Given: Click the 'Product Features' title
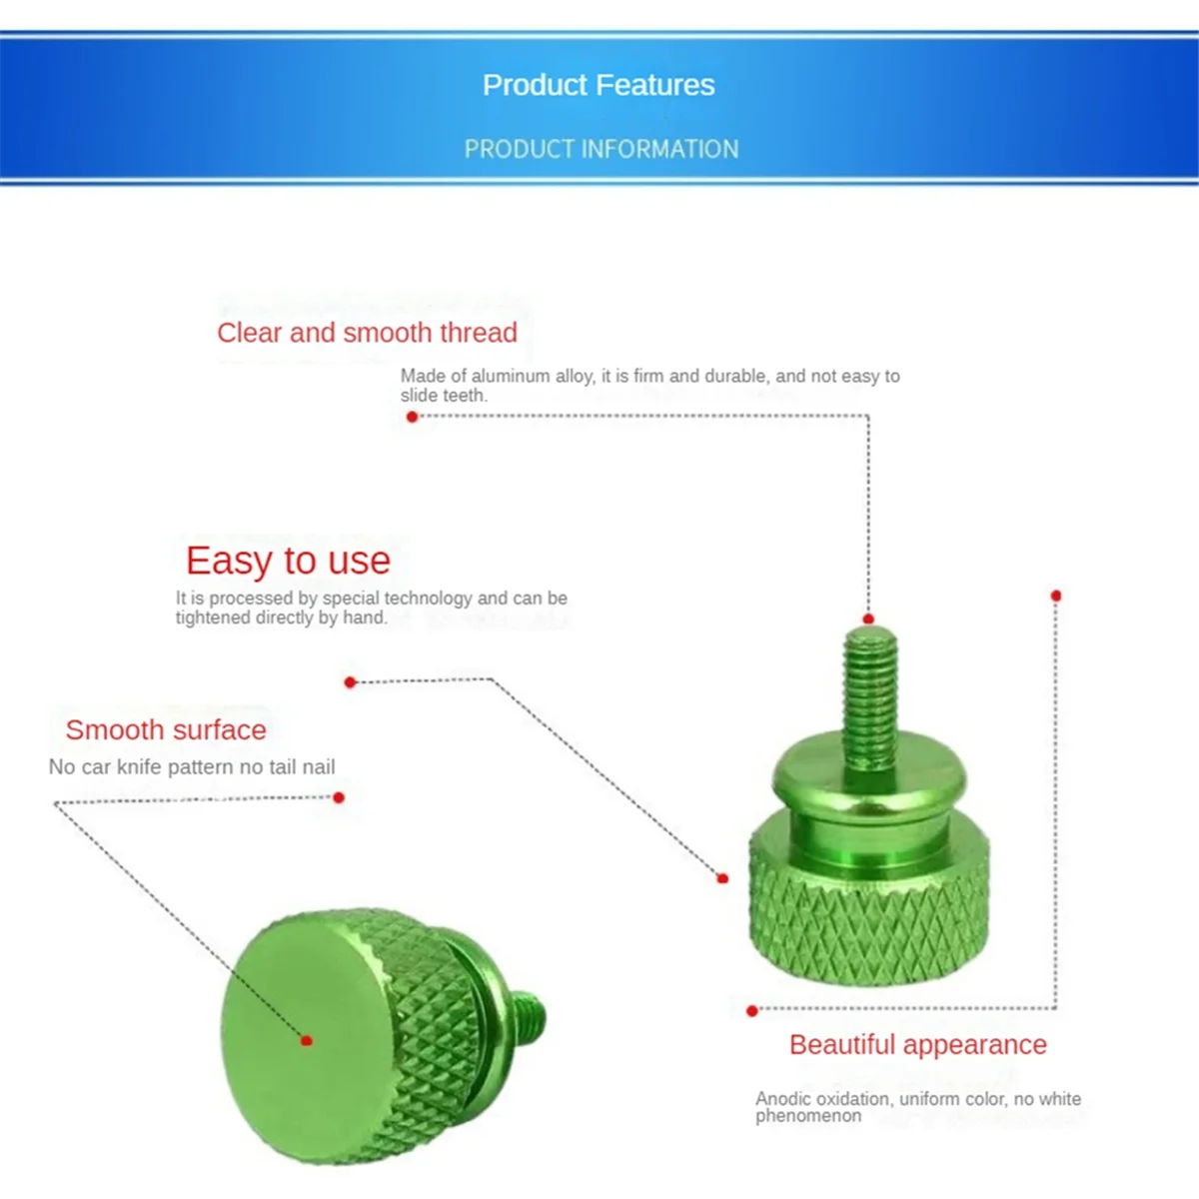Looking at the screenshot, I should [x=599, y=85].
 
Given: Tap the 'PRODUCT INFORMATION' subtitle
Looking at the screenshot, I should [x=601, y=149].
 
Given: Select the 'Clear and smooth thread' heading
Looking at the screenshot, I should [x=367, y=333].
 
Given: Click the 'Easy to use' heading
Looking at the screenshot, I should [x=288, y=561].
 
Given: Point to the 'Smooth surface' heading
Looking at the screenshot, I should [x=166, y=729].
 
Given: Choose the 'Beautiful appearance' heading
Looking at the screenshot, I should [x=917, y=1044].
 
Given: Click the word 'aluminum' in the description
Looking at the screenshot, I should [x=511, y=376].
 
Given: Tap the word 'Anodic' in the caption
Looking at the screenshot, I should [x=783, y=1099].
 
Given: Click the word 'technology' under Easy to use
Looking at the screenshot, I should [x=428, y=598].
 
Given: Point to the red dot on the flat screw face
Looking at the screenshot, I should [x=307, y=1040].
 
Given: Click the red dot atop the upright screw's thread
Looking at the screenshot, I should [x=868, y=619].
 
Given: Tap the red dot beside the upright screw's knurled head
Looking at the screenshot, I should [x=722, y=878].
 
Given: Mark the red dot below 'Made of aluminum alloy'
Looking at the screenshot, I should [x=412, y=417].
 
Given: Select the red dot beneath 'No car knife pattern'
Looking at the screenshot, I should [x=339, y=797].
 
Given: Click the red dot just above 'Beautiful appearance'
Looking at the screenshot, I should [x=752, y=1010].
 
